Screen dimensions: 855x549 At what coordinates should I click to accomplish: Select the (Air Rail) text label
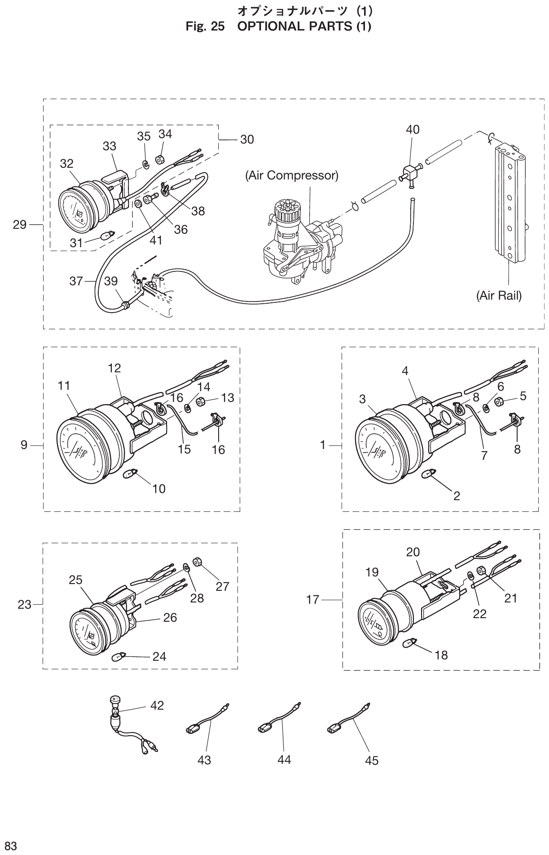[x=499, y=296]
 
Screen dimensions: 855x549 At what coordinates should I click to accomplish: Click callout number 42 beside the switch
[x=157, y=705]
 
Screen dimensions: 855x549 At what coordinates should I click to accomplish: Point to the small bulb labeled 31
[x=109, y=235]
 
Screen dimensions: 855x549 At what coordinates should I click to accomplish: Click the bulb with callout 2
[x=428, y=474]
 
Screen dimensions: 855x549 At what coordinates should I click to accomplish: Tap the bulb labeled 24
[x=118, y=658]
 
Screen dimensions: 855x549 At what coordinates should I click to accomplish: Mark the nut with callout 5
[x=499, y=401]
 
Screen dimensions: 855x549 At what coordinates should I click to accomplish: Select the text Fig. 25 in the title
[x=205, y=26]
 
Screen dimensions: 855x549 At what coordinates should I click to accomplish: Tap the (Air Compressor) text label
[x=291, y=175]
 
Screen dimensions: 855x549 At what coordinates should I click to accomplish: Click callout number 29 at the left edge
[x=20, y=224]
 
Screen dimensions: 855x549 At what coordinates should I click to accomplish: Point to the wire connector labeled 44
[x=274, y=723]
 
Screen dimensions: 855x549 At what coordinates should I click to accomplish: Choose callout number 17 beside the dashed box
[x=312, y=599]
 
